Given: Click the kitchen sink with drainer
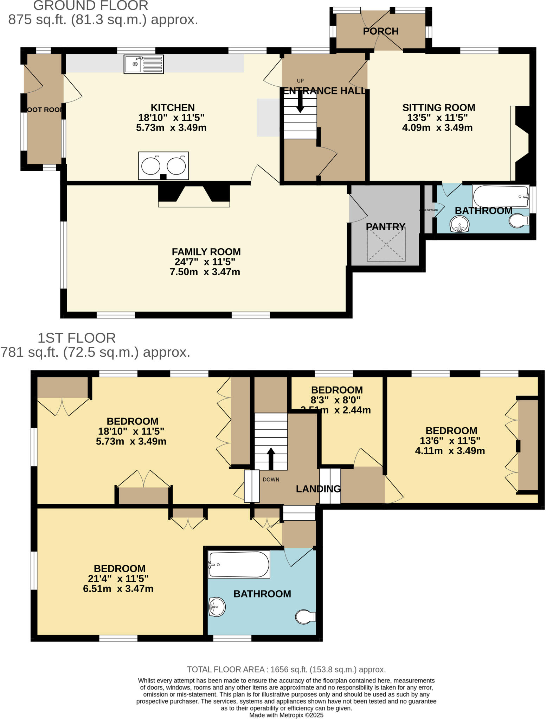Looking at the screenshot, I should click(144, 64).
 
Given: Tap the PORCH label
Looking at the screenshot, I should click(380, 31).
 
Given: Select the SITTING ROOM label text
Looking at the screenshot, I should click(438, 107).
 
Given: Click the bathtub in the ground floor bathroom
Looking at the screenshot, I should click(501, 196).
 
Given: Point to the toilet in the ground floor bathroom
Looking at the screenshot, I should click(519, 220).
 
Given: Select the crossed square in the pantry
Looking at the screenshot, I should click(386, 244).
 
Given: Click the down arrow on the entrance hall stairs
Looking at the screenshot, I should click(300, 101).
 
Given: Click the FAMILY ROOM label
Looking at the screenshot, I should click(206, 252).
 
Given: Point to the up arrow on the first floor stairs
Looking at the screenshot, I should click(271, 458).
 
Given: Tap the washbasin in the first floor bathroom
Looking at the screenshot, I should click(217, 607).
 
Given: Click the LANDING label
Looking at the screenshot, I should click(318, 489).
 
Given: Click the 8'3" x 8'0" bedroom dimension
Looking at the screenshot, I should click(336, 400).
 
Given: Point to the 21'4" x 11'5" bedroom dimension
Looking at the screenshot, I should click(118, 579).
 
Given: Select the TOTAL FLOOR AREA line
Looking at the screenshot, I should click(286, 669).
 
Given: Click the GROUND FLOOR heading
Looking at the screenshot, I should click(91, 6).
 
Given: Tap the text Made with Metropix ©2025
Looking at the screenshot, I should click(286, 715).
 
